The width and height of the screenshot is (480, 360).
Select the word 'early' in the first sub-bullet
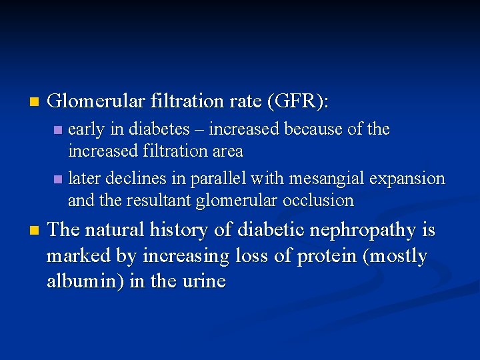point(85,129)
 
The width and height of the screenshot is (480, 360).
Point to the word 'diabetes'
point(151,129)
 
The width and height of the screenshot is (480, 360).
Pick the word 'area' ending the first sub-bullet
point(226,151)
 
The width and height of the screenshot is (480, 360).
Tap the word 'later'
point(83,179)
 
